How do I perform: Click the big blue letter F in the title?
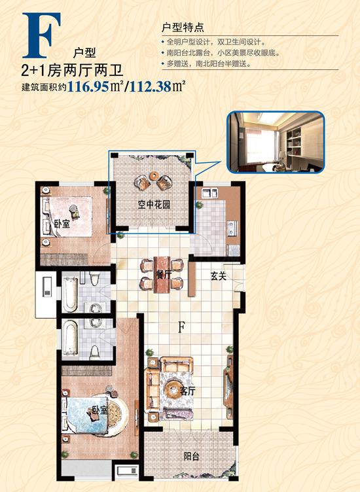41,35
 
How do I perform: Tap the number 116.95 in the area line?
88,86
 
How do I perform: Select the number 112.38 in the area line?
151,86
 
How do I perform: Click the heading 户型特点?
183,27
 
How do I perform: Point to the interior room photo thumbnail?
276,142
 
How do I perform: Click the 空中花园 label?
154,205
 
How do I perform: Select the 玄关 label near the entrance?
218,276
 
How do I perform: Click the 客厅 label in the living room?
188,391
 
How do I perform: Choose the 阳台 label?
191,456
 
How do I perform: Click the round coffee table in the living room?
172,389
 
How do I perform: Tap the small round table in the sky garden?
154,176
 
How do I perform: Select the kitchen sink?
210,192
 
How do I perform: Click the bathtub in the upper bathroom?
69,292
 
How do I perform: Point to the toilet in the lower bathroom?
95,352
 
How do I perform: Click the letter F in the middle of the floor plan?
181,328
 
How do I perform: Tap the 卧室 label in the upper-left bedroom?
62,224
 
